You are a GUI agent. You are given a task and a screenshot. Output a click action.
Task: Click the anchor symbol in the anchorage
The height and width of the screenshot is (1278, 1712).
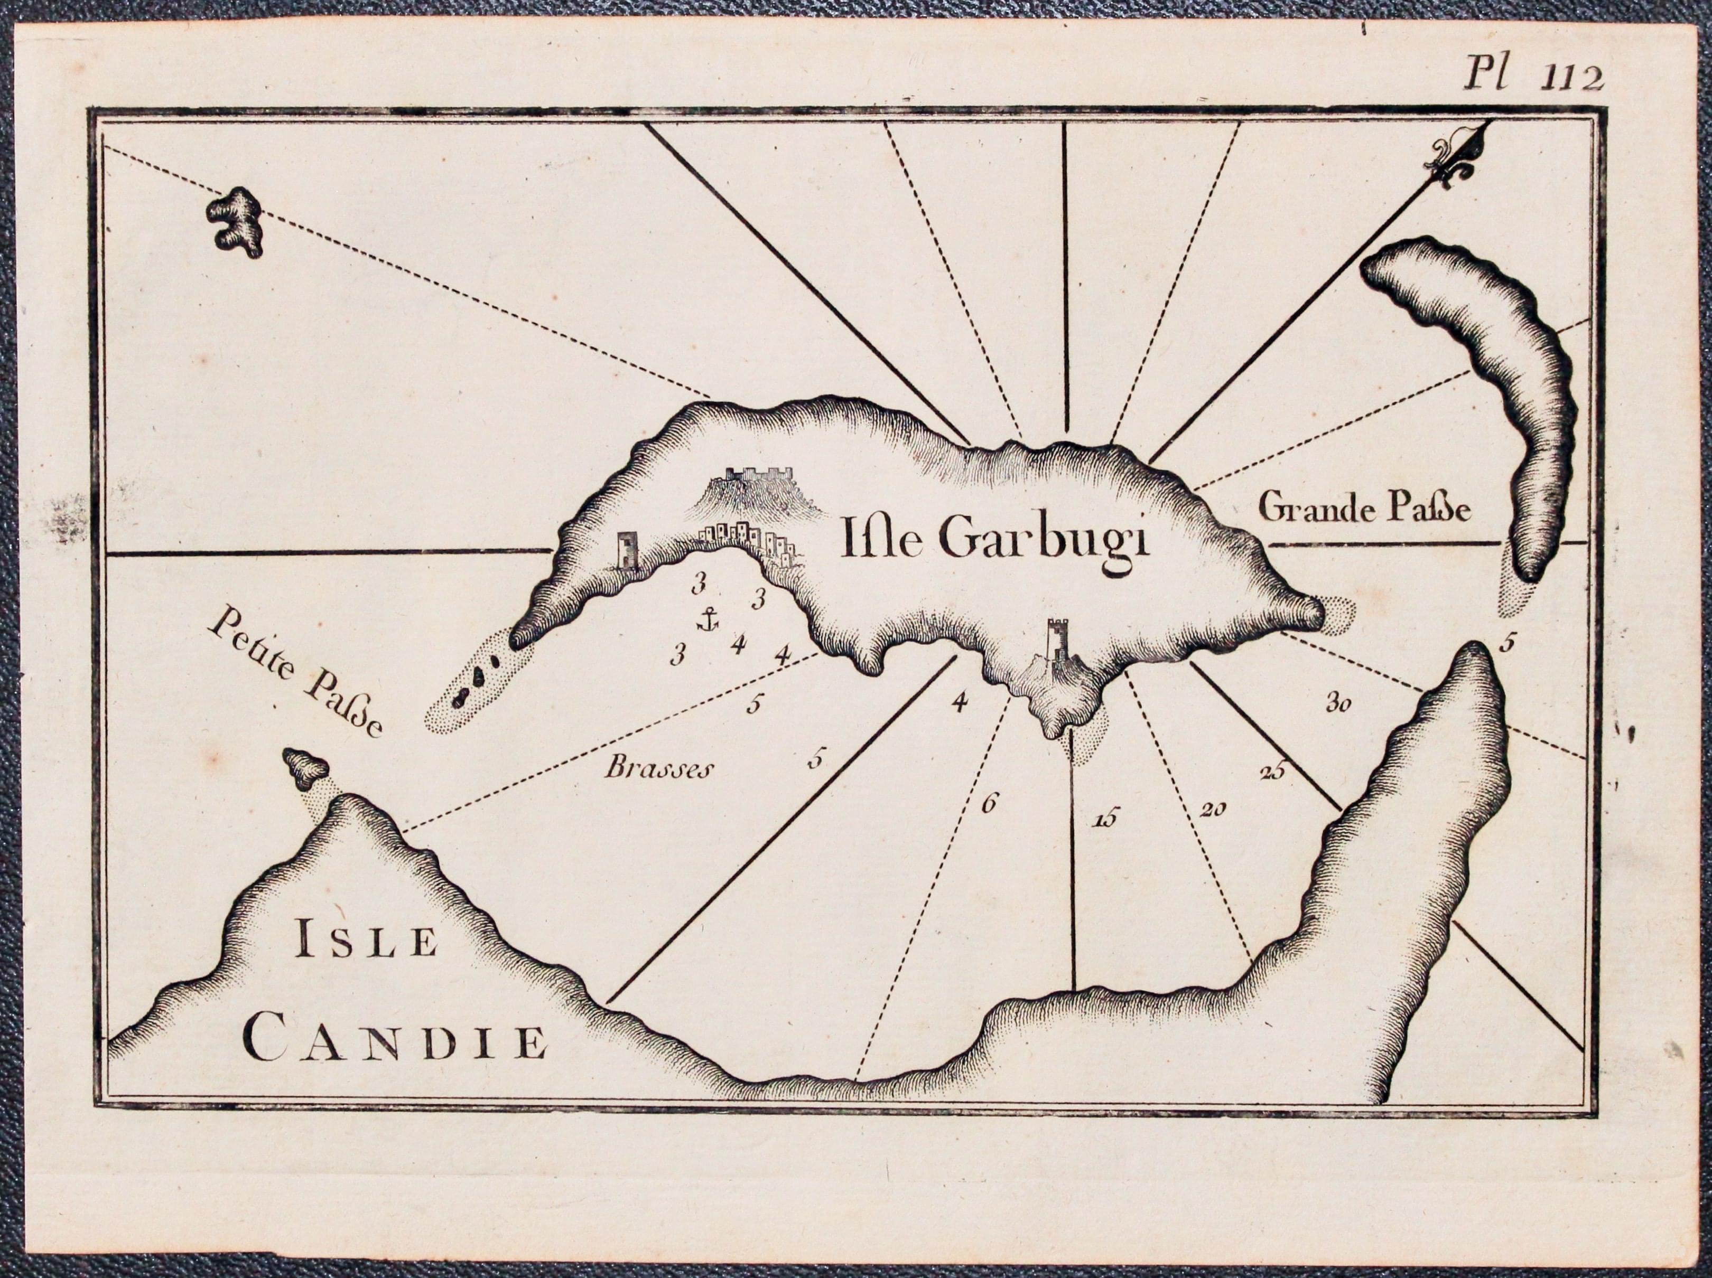click(706, 619)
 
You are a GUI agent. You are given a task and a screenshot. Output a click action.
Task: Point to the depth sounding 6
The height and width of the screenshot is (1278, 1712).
click(988, 804)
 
